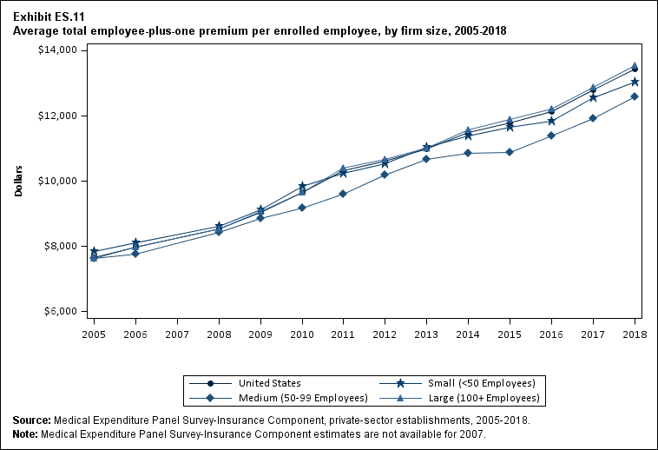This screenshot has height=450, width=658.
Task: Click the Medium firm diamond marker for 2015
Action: click(510, 152)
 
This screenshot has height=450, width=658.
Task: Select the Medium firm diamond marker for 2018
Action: click(635, 96)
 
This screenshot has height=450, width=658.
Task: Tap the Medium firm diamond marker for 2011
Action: click(343, 194)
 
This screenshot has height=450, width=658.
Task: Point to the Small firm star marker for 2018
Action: click(635, 83)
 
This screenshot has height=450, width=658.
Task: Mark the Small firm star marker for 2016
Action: click(551, 121)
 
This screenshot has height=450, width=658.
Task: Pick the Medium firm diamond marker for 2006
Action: click(135, 254)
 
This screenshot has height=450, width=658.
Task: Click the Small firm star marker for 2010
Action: click(302, 187)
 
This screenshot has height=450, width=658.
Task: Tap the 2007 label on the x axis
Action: click(177, 334)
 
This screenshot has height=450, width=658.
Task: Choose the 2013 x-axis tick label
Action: click(426, 334)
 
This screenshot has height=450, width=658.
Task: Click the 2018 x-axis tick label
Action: click(635, 334)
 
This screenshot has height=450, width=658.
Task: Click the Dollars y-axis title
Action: click(18, 181)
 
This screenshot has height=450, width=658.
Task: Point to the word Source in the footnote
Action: click(31, 420)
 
